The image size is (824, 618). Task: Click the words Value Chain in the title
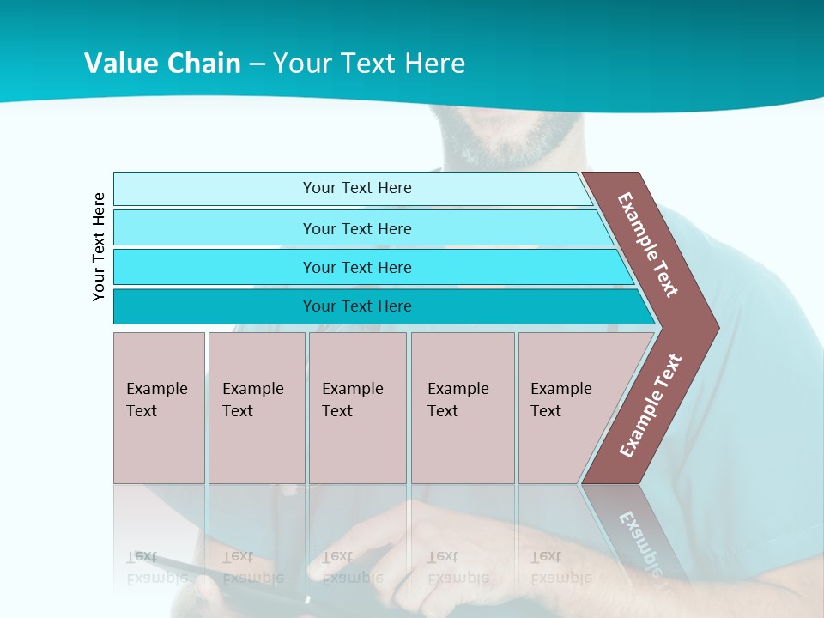pyautogui.click(x=162, y=63)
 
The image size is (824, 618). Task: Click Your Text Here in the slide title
pyautogui.click(x=369, y=63)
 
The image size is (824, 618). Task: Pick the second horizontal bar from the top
pyautogui.click(x=357, y=228)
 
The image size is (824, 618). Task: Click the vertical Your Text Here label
pyautogui.click(x=99, y=247)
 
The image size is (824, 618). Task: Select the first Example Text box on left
pyautogui.click(x=159, y=408)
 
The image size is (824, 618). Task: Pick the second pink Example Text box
pyautogui.click(x=256, y=408)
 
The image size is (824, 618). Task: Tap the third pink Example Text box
pyautogui.click(x=357, y=408)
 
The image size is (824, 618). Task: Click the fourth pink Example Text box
pyautogui.click(x=462, y=408)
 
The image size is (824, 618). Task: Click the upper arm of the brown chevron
pyautogui.click(x=648, y=245)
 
